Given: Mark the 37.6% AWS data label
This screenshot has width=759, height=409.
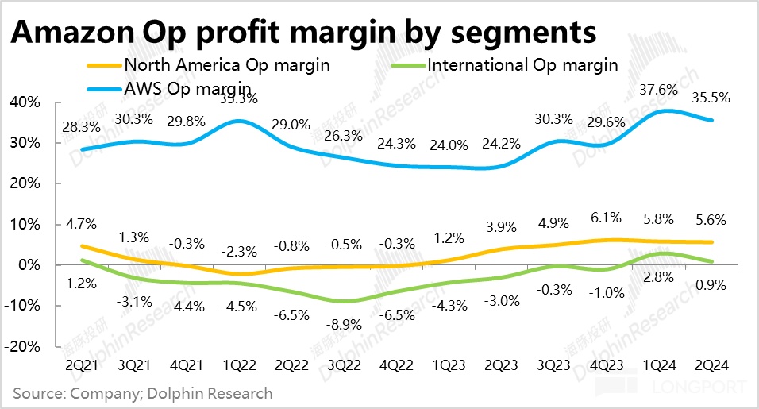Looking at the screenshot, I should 658,89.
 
